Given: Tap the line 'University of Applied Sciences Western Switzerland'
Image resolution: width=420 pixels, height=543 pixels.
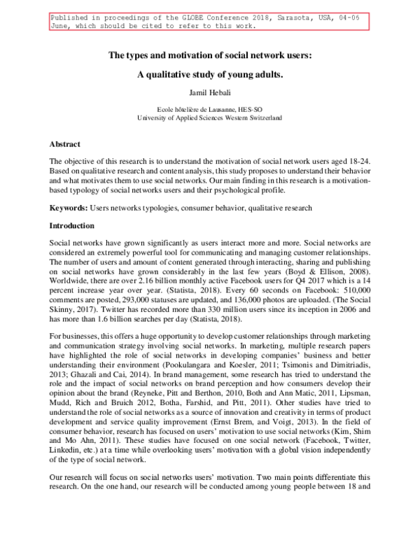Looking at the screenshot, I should pos(209,118).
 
